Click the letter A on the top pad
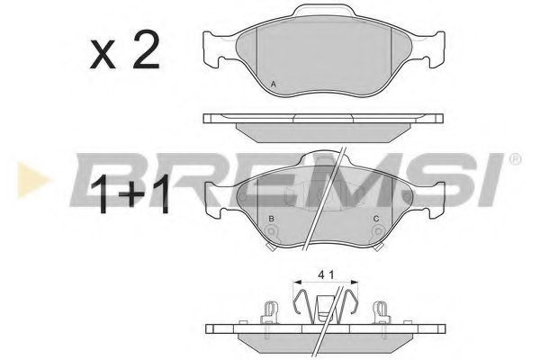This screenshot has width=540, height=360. (x=274, y=85)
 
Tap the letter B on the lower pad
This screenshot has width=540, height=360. (x=272, y=219)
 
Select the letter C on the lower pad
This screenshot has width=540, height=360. (x=375, y=219)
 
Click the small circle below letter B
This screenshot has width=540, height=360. (x=274, y=232)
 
